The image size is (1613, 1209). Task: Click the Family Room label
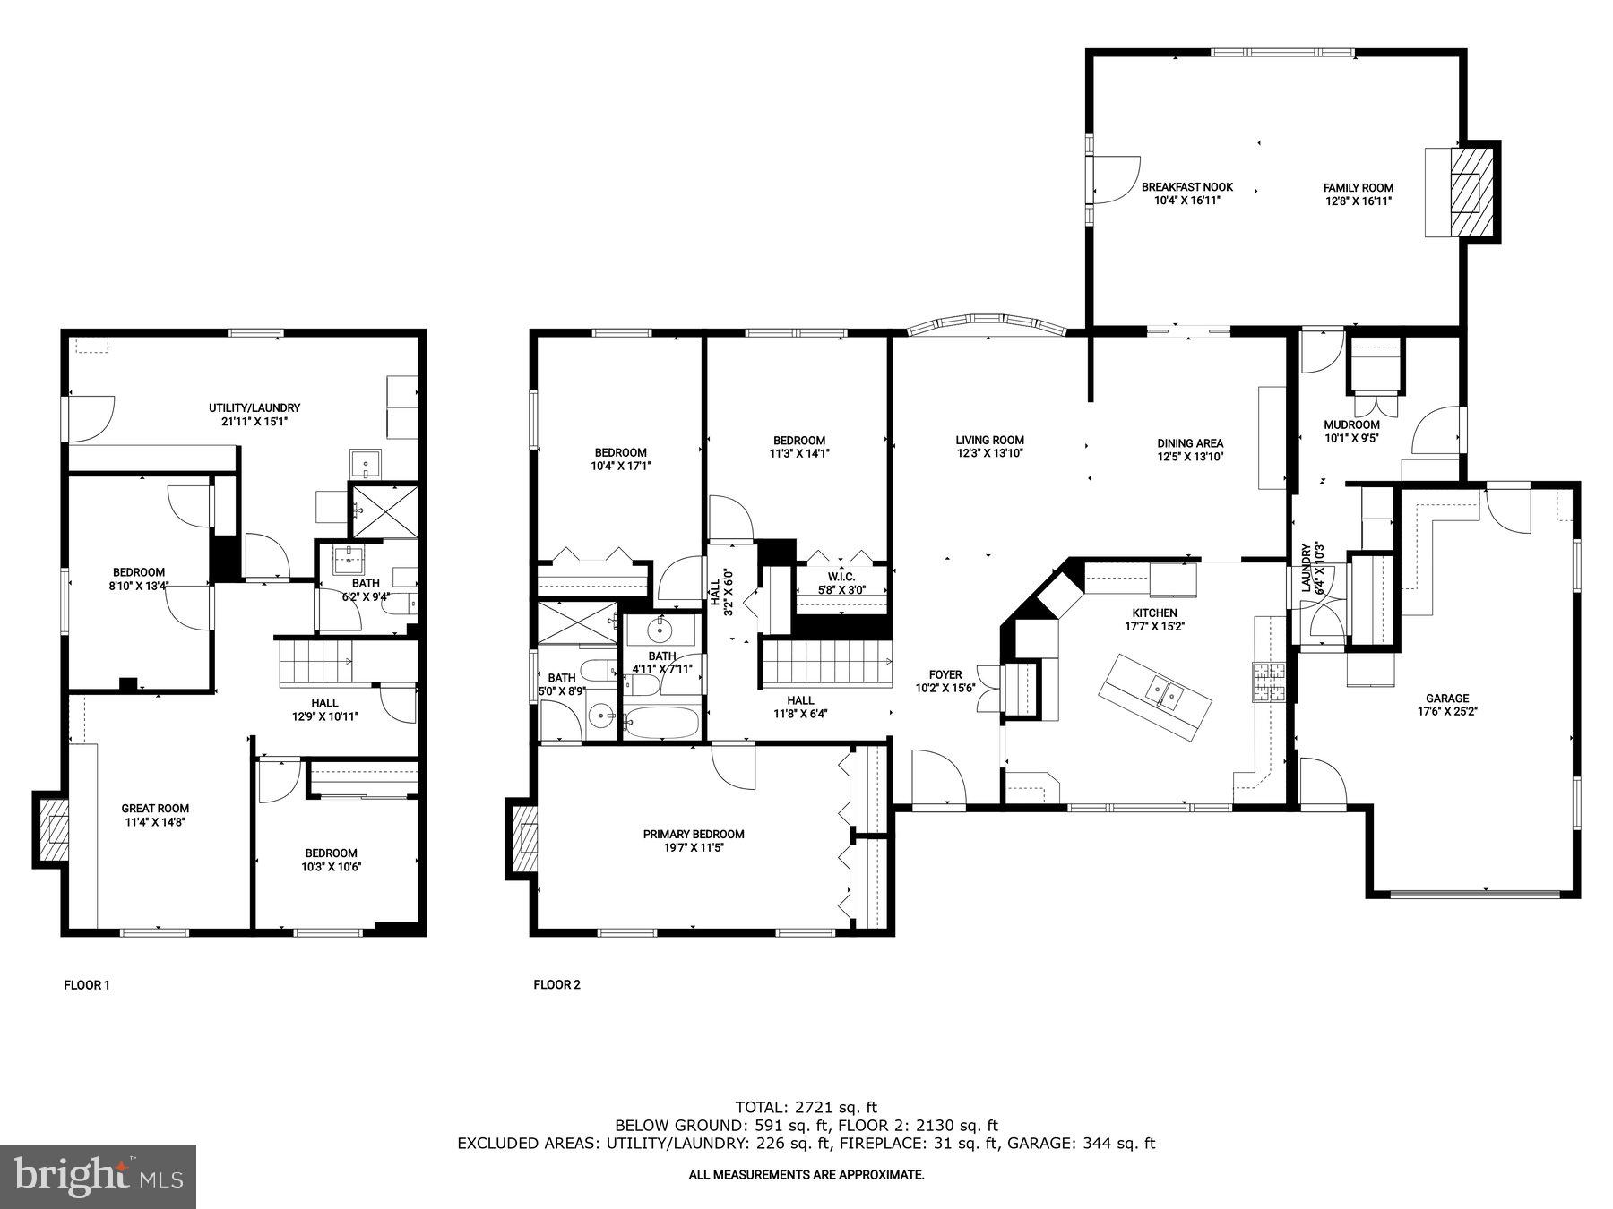coord(1358,187)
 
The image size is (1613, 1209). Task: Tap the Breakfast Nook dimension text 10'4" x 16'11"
coord(1186,201)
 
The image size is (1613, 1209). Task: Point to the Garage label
coord(1446,698)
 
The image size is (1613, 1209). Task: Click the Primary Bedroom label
coord(693,834)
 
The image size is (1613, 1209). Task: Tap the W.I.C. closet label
coord(841,577)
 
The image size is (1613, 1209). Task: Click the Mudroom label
coord(1351,424)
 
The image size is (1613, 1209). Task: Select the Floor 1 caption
coord(87,985)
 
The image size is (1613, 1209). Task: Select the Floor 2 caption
coord(556,985)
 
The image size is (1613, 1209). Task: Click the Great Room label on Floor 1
coord(156,808)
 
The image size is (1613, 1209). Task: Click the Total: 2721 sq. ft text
coord(806,1107)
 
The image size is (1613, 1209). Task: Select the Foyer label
coord(945,674)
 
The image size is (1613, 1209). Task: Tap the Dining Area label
coord(1189,442)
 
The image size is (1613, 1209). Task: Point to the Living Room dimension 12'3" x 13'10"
coord(989,453)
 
